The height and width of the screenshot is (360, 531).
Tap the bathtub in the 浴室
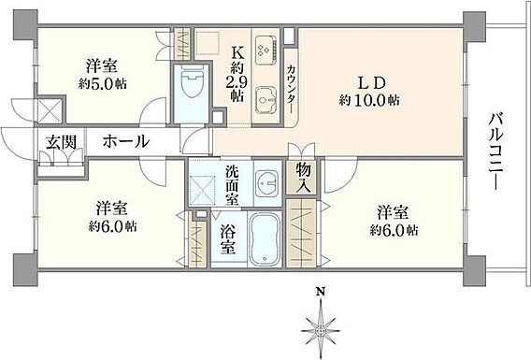[x=265, y=238]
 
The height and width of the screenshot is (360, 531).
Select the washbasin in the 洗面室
[x=266, y=183]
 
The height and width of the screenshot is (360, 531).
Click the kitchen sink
[x=265, y=101]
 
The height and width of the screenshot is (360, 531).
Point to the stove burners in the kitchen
[x=265, y=50]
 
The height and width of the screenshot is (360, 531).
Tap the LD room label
[x=372, y=82]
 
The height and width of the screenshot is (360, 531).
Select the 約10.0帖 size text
[x=370, y=100]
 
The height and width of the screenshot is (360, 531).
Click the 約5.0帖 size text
[x=103, y=83]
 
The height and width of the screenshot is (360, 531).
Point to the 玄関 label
[x=62, y=142]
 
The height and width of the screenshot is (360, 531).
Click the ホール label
[x=126, y=141]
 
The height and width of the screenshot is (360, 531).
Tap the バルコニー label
[x=496, y=151]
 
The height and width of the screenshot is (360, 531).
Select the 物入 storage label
[x=303, y=177]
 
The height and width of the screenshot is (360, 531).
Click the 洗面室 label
[x=232, y=185]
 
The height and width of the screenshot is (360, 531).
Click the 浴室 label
[x=228, y=239]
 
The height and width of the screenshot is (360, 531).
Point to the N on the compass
[x=320, y=291]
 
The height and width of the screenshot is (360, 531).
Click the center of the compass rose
[x=320, y=330]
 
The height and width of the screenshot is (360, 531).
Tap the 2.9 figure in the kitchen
[x=237, y=82]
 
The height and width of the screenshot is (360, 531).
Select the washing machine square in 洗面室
[x=203, y=191]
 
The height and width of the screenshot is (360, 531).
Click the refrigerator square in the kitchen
[x=208, y=43]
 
